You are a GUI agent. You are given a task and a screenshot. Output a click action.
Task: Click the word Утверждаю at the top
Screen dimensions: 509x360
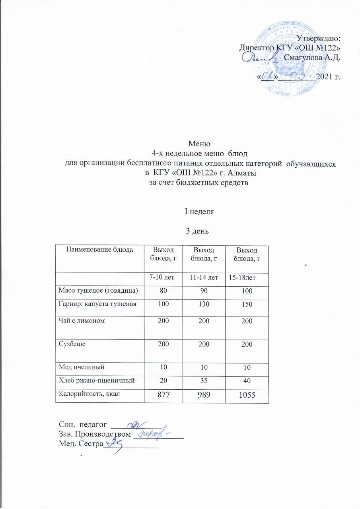[319, 39]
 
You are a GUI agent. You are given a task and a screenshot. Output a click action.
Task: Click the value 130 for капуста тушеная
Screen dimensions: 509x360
[204, 304]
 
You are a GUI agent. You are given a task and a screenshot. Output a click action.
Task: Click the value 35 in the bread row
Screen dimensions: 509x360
[204, 380]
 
